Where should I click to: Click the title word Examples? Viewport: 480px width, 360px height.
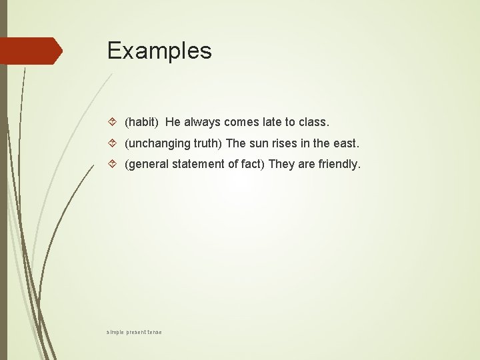[159, 51]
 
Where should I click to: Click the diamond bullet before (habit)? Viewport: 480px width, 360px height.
[113, 122]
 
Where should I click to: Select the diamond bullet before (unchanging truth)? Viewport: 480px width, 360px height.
[113, 143]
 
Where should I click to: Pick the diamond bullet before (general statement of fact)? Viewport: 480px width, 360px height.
[113, 164]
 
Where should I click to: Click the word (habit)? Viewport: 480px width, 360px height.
[141, 123]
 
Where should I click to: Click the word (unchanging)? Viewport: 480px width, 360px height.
[157, 143]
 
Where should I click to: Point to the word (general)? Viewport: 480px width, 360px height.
[147, 164]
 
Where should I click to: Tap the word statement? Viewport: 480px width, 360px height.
[198, 164]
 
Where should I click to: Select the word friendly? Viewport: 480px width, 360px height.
[339, 164]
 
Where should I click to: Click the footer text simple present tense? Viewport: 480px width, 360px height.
[134, 332]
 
